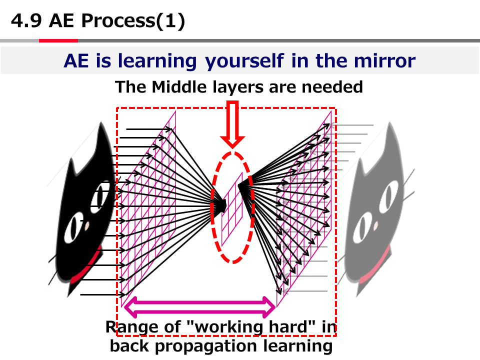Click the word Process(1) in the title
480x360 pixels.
(133, 21)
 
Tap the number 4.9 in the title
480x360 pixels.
(26, 21)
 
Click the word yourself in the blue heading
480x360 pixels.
(244, 61)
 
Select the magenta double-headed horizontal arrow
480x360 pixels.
(199, 307)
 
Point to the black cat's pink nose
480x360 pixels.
(87, 225)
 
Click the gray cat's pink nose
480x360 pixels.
(375, 226)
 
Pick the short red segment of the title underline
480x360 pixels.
(58, 40)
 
